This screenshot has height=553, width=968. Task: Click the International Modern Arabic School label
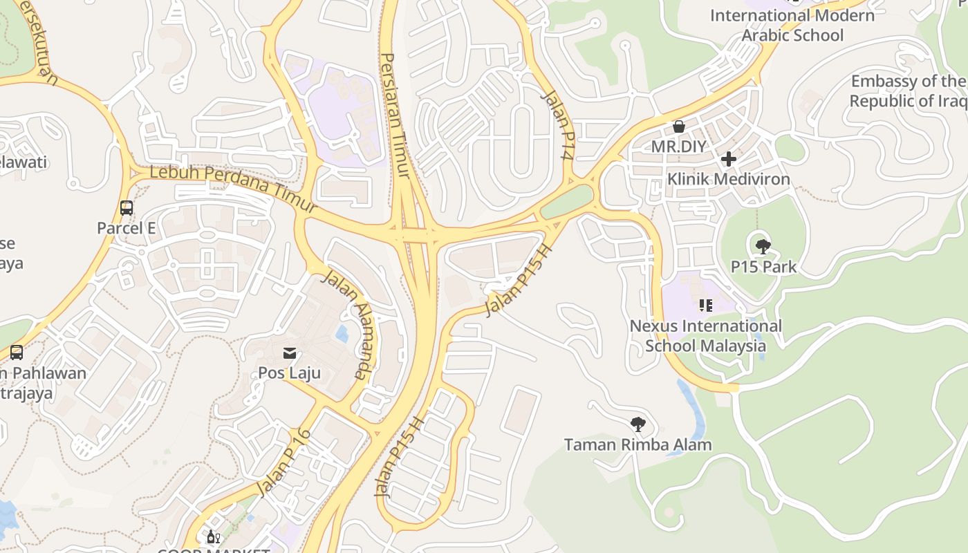point(792,25)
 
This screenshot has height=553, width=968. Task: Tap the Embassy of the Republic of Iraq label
point(908,91)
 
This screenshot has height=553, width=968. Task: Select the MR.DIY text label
point(679,147)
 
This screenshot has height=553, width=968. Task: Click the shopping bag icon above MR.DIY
point(679,126)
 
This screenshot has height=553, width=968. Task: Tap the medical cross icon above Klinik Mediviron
point(728,160)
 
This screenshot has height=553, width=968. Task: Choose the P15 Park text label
point(763,267)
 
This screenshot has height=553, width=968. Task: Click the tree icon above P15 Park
point(763,247)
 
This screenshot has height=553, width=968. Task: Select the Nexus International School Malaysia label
point(705,335)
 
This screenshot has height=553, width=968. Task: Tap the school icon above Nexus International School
point(705,306)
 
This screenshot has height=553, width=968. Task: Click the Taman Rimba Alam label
point(637,444)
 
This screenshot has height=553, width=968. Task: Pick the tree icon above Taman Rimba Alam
point(637,424)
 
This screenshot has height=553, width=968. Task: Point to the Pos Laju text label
point(289,373)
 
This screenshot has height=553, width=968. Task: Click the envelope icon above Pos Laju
point(289,354)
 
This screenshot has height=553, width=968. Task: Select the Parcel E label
point(126,228)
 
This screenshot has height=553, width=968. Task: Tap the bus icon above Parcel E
point(126,208)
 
